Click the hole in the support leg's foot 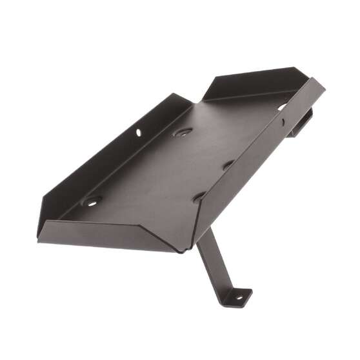point(238,298)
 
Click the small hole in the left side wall point(138,133)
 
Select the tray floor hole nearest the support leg point(199,195)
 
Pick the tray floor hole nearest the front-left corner point(91,201)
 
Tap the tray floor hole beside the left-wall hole point(182,132)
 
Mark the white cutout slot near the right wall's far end point(283,106)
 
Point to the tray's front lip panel point(110,235)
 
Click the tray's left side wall point(103,155)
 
